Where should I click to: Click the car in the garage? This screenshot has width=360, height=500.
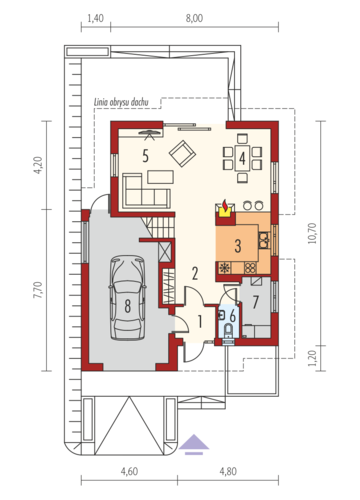point(127,298)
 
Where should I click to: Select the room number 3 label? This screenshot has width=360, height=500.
point(238,246)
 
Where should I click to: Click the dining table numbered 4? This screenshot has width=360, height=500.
point(242,159)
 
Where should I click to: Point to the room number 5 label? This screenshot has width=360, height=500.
point(145,156)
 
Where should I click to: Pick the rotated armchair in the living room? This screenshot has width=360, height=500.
point(182,154)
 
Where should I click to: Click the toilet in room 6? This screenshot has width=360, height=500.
point(228,331)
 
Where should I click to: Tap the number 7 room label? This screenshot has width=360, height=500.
point(256,302)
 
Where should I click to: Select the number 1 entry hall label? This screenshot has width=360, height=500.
point(200,322)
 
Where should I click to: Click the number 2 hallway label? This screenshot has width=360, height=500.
point(195,273)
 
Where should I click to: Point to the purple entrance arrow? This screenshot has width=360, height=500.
point(194,445)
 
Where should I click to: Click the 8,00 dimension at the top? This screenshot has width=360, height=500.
point(194,18)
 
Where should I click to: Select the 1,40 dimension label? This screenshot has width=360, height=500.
point(95,18)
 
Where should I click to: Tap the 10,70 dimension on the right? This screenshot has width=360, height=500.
point(312,233)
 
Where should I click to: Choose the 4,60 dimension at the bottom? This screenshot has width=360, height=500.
point(129,472)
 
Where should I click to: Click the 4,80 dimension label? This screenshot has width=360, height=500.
point(228,472)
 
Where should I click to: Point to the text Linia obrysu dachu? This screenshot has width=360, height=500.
point(121,102)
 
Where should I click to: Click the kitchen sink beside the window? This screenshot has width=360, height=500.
point(264,240)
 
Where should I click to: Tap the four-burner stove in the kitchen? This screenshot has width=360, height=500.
point(250,268)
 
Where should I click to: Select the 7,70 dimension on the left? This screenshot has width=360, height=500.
point(38,290)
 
